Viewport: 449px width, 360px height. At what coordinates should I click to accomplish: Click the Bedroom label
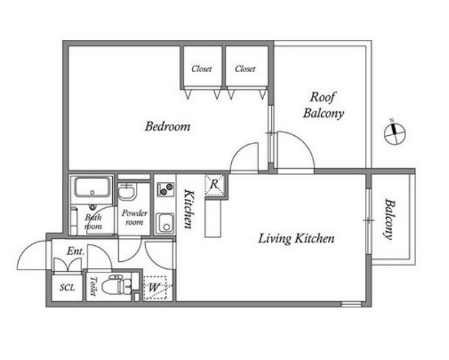pyautogui.click(x=167, y=126)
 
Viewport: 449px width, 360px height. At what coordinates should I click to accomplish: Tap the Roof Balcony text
pyautogui.click(x=324, y=105)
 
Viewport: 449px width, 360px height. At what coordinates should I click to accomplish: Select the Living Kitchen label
pyautogui.click(x=296, y=239)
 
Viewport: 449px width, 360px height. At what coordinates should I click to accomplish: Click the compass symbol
pyautogui.click(x=395, y=133)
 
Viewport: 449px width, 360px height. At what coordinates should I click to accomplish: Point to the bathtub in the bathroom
pyautogui.click(x=92, y=187)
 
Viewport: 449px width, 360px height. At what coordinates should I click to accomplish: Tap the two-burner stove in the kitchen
pyautogui.click(x=165, y=189)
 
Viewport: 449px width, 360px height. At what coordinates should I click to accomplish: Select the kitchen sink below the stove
pyautogui.click(x=165, y=223)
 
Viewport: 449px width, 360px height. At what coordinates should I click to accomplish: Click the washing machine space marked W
pyautogui.click(x=155, y=287)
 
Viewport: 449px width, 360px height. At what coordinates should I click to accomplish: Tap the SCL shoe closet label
pyautogui.click(x=67, y=287)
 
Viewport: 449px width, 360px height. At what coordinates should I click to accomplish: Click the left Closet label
pyautogui.click(x=202, y=69)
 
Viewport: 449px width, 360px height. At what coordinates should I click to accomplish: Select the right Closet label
pyautogui.click(x=245, y=69)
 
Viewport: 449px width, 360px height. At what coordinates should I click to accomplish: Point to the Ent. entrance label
pyautogui.click(x=76, y=251)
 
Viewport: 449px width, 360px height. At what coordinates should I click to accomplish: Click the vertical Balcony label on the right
pyautogui.click(x=389, y=219)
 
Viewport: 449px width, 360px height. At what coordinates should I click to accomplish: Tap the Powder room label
pyautogui.click(x=134, y=217)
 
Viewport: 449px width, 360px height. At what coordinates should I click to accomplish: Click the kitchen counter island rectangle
pyautogui.click(x=213, y=219)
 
